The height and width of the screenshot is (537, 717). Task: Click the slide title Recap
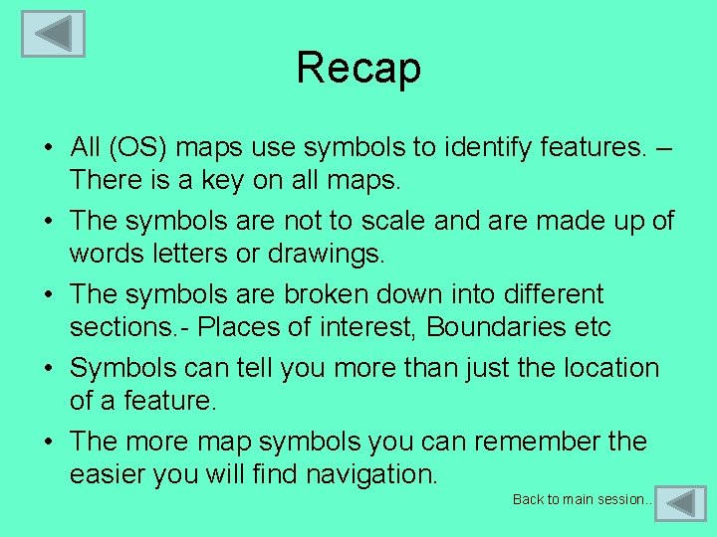(358, 68)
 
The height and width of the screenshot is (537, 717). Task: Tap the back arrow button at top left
(53, 34)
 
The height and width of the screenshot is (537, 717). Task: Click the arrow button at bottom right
(682, 503)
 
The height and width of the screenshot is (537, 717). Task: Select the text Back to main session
(583, 499)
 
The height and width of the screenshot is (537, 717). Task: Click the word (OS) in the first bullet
(139, 147)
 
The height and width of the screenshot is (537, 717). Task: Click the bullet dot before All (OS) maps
(47, 149)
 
